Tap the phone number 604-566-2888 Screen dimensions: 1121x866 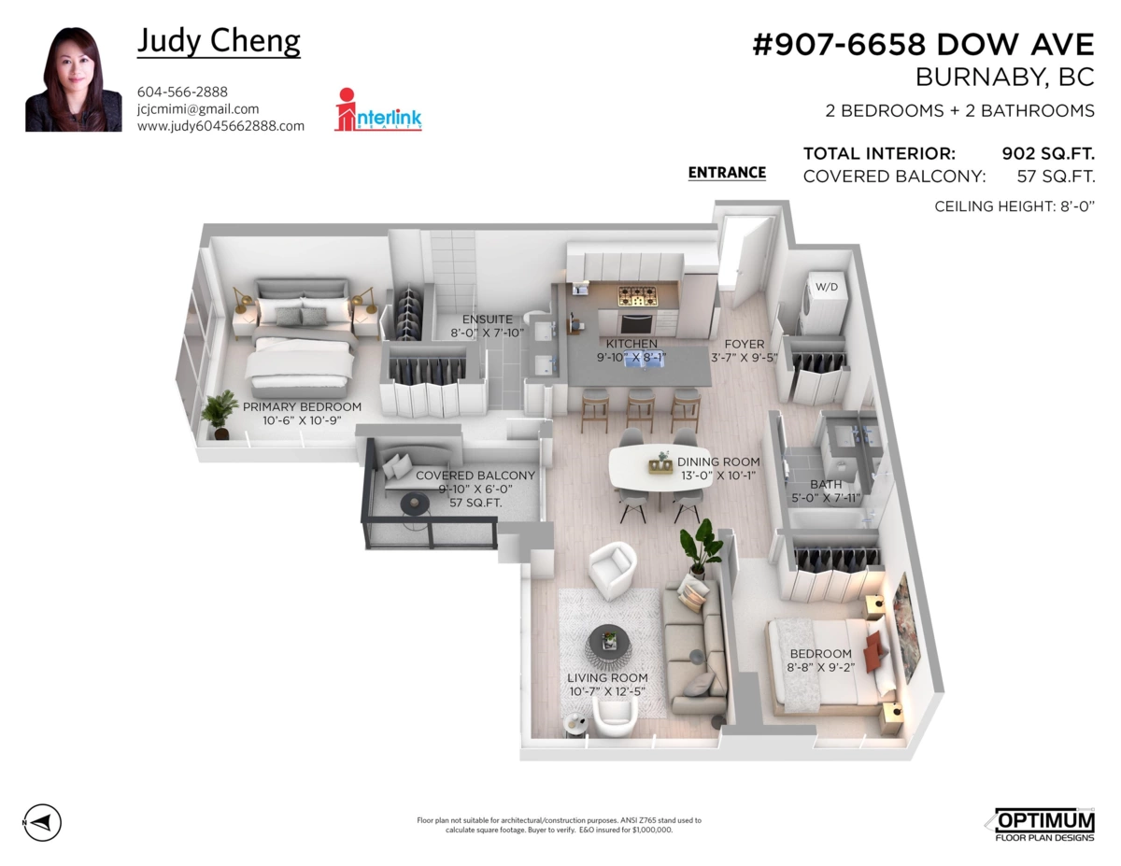pyautogui.click(x=182, y=92)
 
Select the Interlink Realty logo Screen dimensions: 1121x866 pyautogui.click(x=377, y=109)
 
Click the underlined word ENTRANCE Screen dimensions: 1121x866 pyautogui.click(x=727, y=172)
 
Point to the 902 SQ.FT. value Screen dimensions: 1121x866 pyautogui.click(x=1048, y=153)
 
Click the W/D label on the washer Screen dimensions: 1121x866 pyautogui.click(x=827, y=287)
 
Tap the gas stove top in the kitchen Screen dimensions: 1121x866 pyautogui.click(x=638, y=296)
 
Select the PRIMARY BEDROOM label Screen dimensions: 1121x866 pyautogui.click(x=302, y=406)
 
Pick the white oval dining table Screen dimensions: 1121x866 pyautogui.click(x=660, y=467)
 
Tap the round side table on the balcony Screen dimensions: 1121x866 pyautogui.click(x=416, y=504)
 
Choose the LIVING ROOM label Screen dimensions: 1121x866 pyautogui.click(x=607, y=677)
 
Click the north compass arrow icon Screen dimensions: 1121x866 pyautogui.click(x=42, y=823)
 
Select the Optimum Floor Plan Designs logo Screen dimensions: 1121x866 pyautogui.click(x=1041, y=824)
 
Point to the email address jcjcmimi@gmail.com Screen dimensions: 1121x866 pyautogui.click(x=198, y=108)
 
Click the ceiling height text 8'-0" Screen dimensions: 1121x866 pyautogui.click(x=1078, y=206)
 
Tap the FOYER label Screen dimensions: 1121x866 pyautogui.click(x=744, y=344)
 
